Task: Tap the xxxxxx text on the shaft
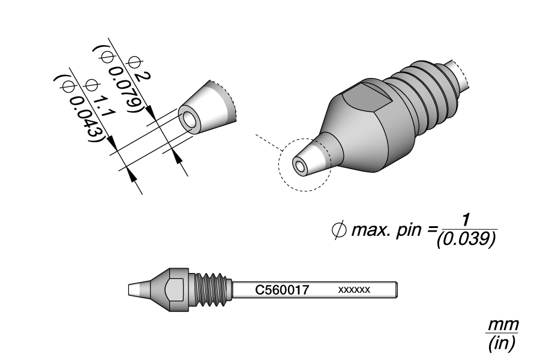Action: coord(354,290)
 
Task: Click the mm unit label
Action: coord(503,325)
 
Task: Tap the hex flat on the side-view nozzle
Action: coord(175,290)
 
